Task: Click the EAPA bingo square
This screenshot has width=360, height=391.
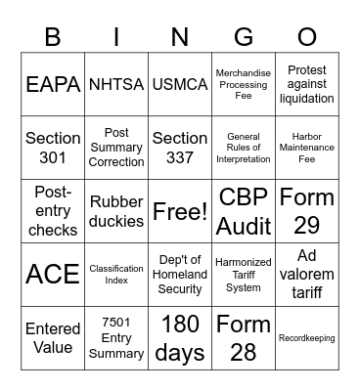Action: (53, 84)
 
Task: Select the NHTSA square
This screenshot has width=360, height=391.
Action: (116, 84)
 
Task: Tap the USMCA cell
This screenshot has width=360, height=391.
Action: (180, 84)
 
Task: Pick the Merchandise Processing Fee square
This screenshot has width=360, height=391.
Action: (244, 84)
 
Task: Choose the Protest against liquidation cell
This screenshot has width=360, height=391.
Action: (307, 84)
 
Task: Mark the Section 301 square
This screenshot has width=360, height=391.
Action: (53, 148)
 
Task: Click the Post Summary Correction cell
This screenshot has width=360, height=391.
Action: (116, 148)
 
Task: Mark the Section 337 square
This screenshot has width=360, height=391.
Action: (180, 148)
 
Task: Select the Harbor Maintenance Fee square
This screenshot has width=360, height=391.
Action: (307, 148)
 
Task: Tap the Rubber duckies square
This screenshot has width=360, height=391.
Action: (116, 211)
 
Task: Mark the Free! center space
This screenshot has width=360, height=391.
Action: (180, 211)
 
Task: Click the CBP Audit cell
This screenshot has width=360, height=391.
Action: (244, 211)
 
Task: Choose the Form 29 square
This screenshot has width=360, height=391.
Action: (307, 211)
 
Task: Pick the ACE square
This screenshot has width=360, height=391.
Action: (53, 275)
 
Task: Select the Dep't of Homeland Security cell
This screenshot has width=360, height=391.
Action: (180, 275)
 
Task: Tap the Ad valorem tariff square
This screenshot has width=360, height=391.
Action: (307, 275)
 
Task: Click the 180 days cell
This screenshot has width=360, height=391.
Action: (180, 338)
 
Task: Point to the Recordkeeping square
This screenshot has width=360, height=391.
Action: (307, 338)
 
